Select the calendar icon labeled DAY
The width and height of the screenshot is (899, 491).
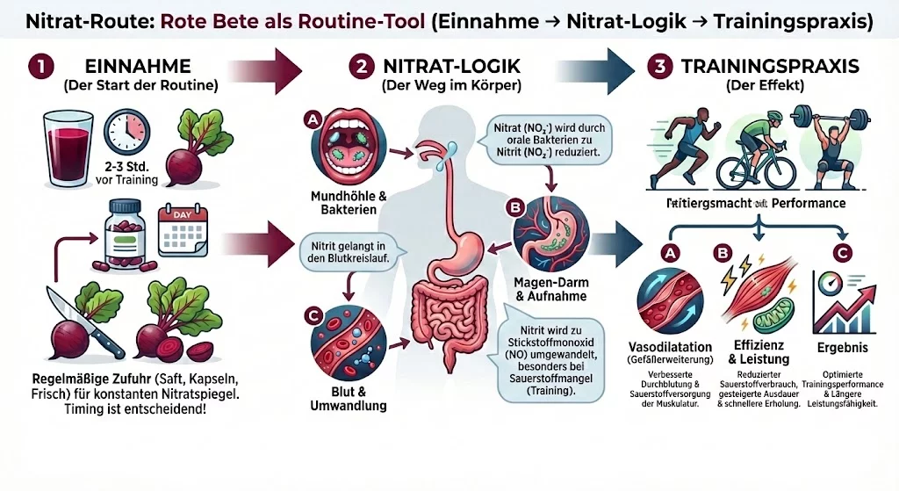(179, 227)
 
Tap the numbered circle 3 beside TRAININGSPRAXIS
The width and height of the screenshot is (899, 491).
(658, 68)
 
